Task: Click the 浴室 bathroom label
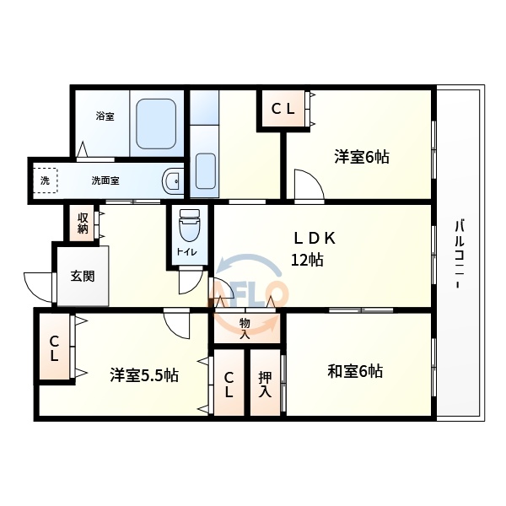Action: tap(105, 116)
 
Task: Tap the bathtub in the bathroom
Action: tap(155, 125)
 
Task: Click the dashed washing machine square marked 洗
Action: tap(45, 180)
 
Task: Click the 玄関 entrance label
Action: tap(83, 275)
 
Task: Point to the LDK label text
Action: tap(314, 238)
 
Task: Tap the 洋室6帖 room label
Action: tap(361, 157)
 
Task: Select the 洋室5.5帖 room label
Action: tap(143, 374)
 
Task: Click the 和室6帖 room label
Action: tap(355, 370)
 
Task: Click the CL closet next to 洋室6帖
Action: tap(283, 108)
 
